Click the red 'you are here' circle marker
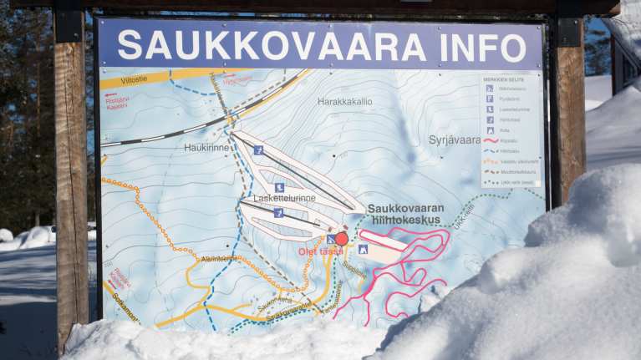coord(342,238)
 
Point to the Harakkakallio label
coord(344,101)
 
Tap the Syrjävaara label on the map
coord(455,139)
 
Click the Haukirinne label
coord(206,147)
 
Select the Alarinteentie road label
coord(219,260)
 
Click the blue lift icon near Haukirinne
coord(258,150)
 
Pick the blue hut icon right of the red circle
coord(363,249)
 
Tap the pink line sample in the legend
coord(491,141)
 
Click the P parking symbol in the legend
coord(490,99)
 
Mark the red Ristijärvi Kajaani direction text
coord(117,101)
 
